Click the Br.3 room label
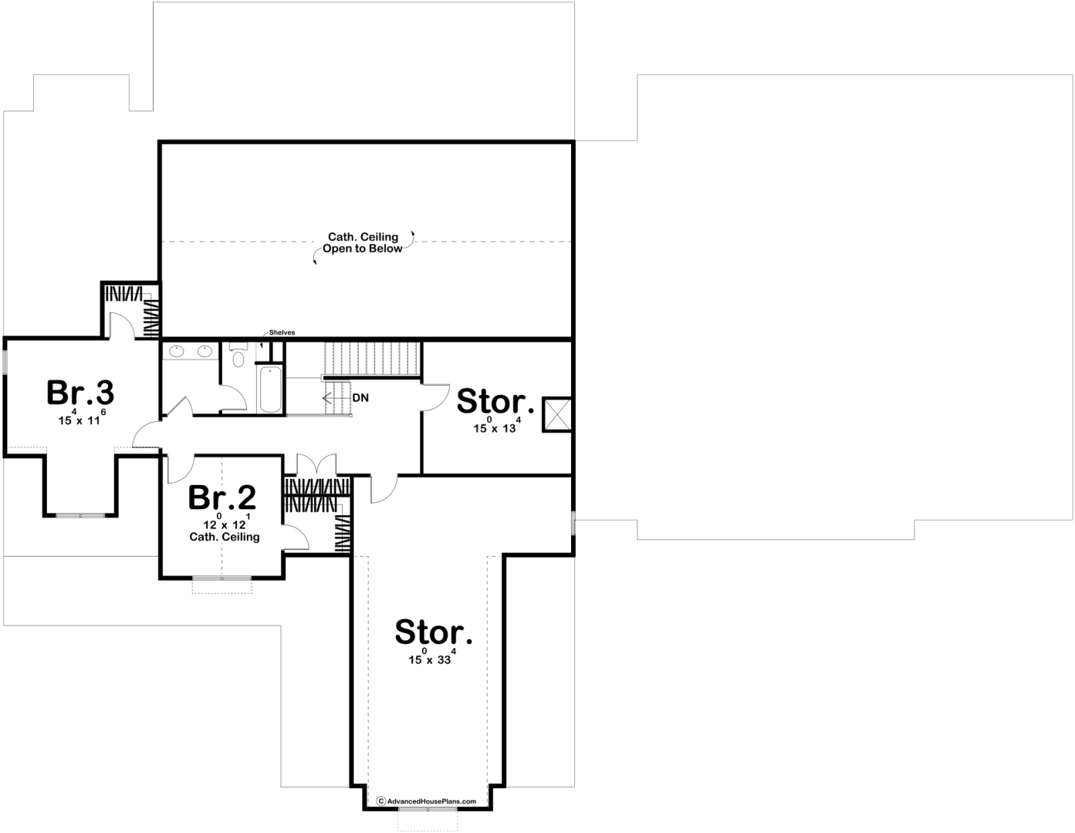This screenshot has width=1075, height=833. [x=80, y=393]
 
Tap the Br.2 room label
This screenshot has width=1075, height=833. [x=222, y=497]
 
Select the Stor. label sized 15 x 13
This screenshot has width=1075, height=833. [x=495, y=401]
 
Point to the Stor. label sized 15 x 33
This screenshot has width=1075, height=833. [x=434, y=632]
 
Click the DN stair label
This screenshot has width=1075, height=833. [x=360, y=398]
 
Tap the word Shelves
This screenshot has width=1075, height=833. [x=282, y=332]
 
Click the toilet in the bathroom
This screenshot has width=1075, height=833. [x=238, y=355]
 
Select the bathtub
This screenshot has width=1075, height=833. [x=269, y=389]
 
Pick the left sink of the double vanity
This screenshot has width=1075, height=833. [x=177, y=352]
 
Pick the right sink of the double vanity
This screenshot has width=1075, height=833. [x=205, y=352]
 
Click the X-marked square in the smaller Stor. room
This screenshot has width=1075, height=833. [x=557, y=414]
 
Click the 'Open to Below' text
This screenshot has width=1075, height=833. [x=362, y=248]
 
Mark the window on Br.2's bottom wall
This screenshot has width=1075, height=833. [x=221, y=578]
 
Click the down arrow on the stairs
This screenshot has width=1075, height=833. [x=336, y=398]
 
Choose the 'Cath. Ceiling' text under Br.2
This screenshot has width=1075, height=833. [x=225, y=537]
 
